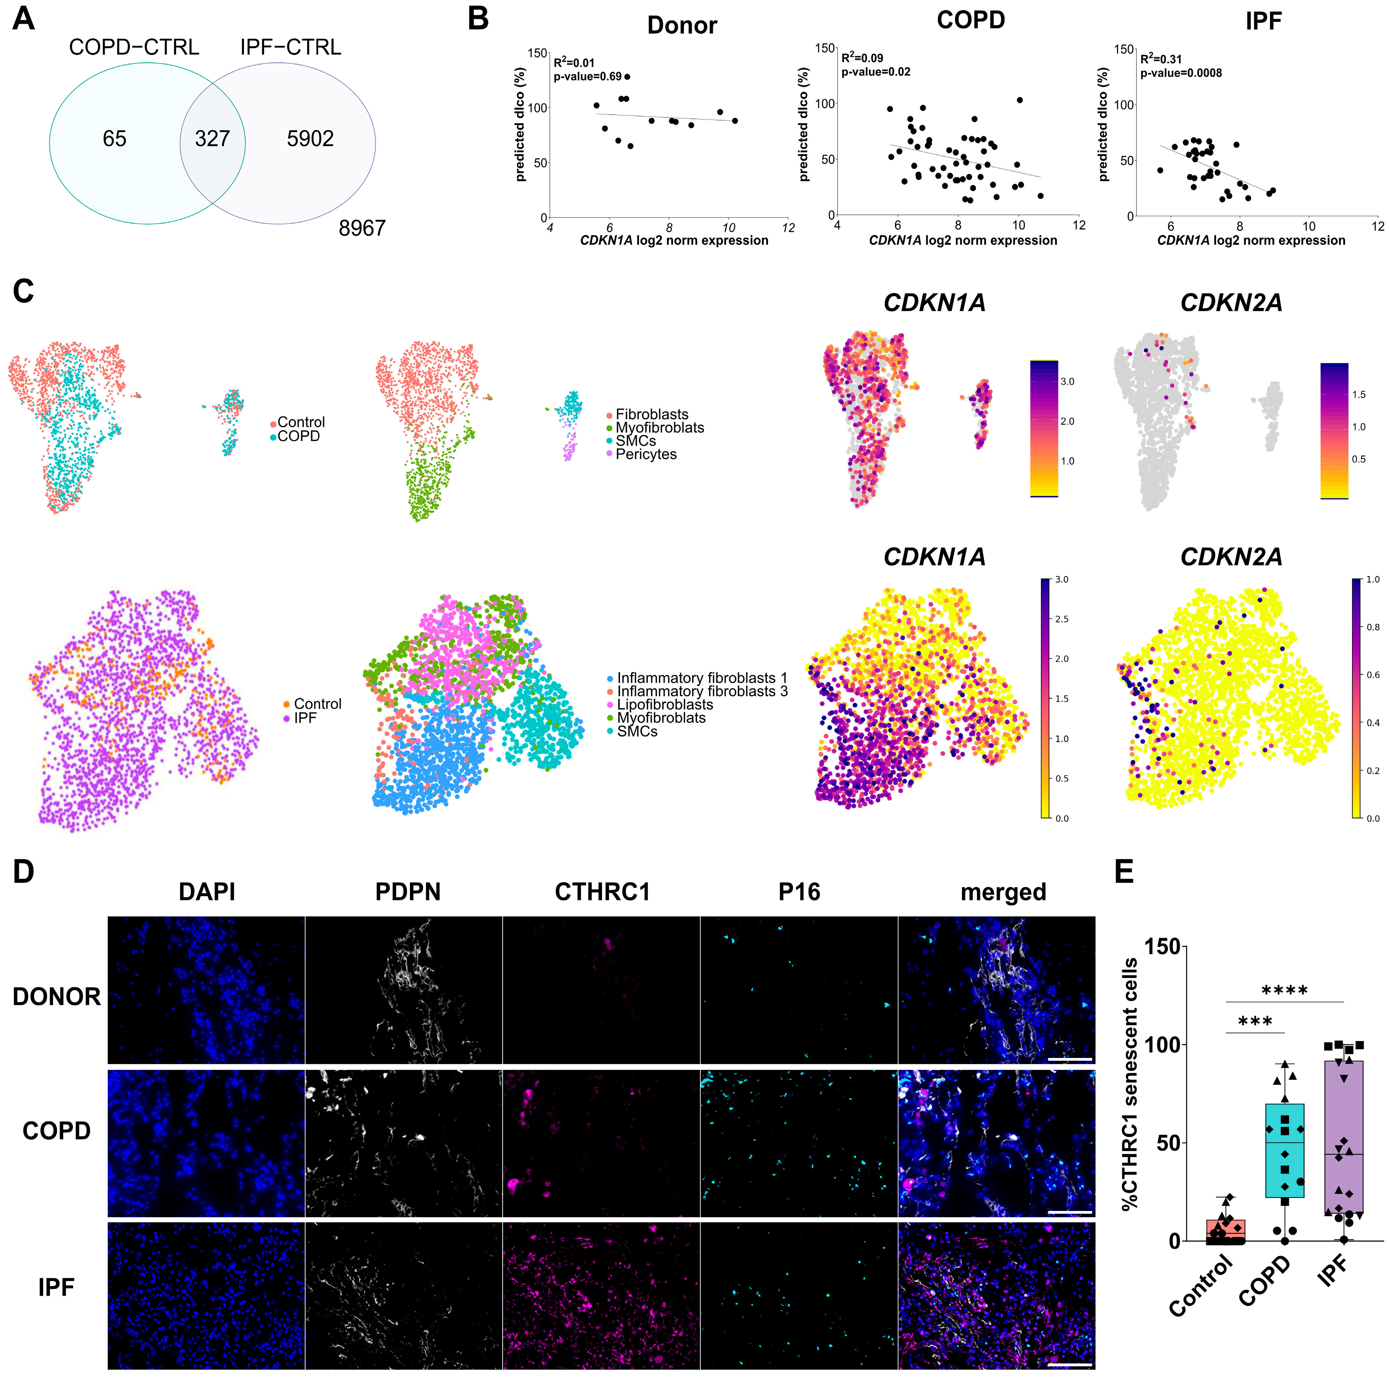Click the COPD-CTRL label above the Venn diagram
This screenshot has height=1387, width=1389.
[x=134, y=47]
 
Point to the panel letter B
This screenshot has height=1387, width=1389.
[x=478, y=19]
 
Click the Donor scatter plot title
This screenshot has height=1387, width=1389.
[x=682, y=25]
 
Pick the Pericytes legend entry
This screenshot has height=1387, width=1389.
[x=646, y=454]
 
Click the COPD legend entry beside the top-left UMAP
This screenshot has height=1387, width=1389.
[x=298, y=436]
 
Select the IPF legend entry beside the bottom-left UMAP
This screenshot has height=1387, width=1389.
[x=305, y=718]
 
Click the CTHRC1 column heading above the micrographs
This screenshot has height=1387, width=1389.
[x=602, y=892]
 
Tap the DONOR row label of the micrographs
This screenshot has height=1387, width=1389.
[x=57, y=997]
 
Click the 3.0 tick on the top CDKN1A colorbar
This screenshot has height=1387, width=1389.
[x=1067, y=382]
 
